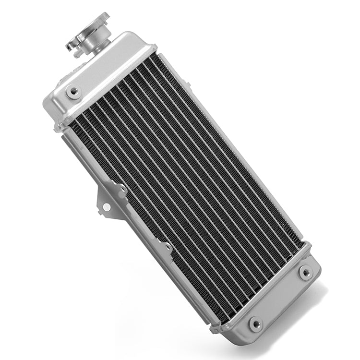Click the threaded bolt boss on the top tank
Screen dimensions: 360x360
pyautogui.click(x=73, y=91)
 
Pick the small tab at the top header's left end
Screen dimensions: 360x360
pyautogui.click(x=60, y=128)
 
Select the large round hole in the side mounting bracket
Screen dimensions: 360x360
pyautogui.click(x=106, y=207)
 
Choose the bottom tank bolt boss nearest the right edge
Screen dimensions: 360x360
pyautogui.click(x=306, y=273)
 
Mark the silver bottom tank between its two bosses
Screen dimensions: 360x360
pyautogui.click(x=283, y=298)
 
